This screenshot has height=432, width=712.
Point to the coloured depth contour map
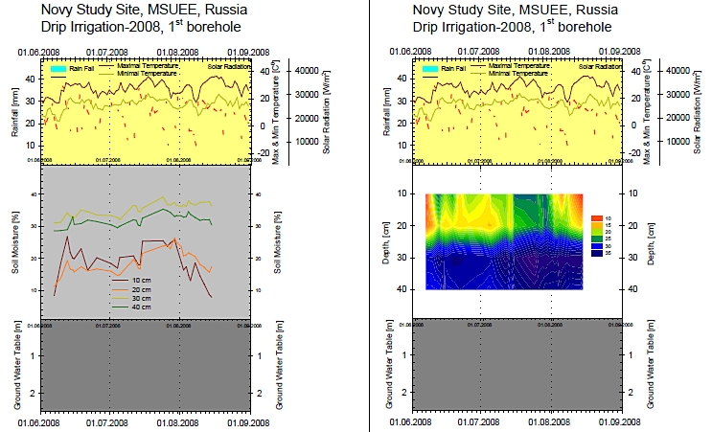pos(504,240)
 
